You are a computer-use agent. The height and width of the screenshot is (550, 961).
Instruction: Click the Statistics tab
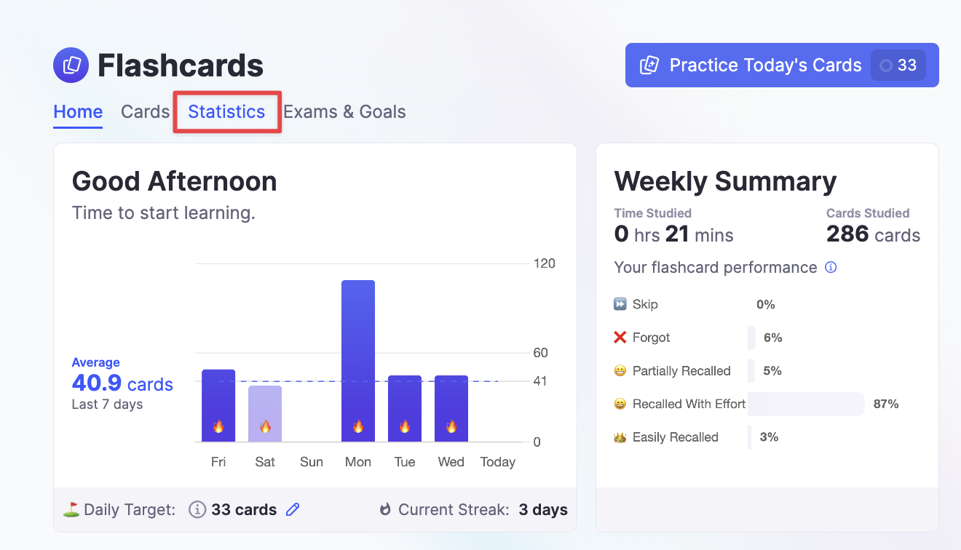point(226,112)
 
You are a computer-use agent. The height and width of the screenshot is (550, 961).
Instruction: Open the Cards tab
point(145,112)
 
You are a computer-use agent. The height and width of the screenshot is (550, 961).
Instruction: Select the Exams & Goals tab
point(344,112)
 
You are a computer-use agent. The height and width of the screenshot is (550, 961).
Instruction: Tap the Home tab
point(78,112)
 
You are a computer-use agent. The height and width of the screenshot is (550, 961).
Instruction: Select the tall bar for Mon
point(358,360)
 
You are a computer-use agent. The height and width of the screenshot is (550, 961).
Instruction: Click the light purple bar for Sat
point(265,412)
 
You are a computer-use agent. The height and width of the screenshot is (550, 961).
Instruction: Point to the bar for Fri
point(218,404)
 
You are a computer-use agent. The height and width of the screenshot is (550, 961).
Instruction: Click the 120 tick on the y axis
point(545,263)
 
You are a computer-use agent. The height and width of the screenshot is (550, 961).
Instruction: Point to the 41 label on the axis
point(540,381)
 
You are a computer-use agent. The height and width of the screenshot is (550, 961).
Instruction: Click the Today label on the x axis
point(498,462)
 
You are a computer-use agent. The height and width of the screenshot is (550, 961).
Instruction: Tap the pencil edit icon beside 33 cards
point(293,510)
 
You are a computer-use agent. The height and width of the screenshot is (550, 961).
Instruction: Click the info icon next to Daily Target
point(197,510)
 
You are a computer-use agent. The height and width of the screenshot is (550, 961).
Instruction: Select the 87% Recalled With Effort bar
point(806,404)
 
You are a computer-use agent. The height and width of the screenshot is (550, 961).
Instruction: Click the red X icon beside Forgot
point(620,338)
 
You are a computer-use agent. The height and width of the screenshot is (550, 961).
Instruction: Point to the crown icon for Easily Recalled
point(620,437)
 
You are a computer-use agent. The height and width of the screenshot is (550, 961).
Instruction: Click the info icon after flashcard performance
point(831,268)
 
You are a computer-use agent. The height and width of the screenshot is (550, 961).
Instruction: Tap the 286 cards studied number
point(847,234)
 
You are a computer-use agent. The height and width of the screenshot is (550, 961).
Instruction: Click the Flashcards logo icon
point(71,65)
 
